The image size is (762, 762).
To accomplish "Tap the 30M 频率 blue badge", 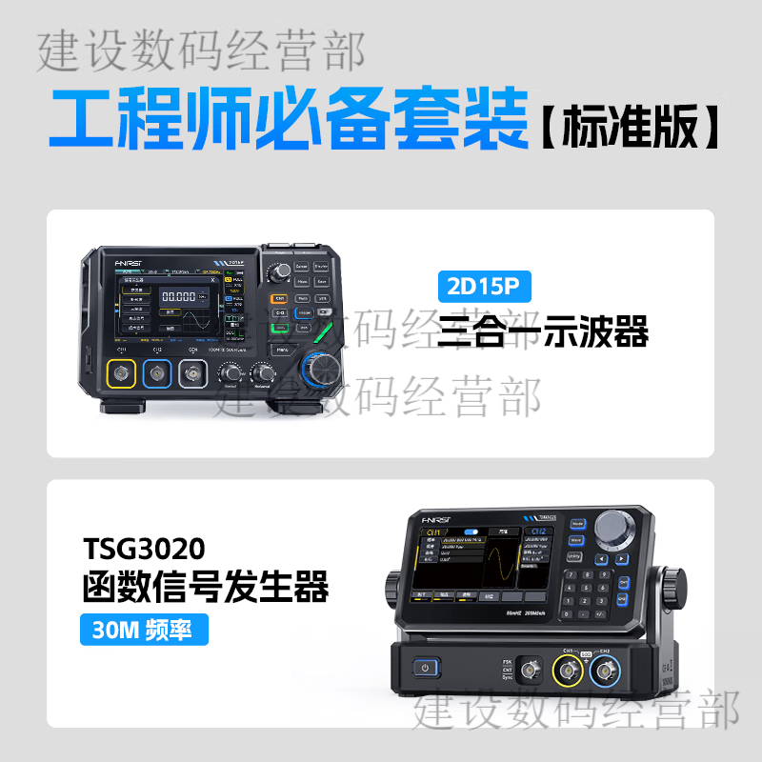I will point(143,630).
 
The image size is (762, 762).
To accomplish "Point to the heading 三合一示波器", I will point(543,332).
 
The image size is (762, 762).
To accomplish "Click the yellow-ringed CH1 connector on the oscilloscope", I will point(121,374).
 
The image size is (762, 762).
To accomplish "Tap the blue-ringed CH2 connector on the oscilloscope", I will point(156,374).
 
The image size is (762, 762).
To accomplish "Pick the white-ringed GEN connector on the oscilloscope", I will point(191,374).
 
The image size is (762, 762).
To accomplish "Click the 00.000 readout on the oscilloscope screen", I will point(183,296).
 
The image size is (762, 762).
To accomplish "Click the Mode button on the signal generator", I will point(577,524).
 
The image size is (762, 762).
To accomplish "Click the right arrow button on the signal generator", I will point(621,560).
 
